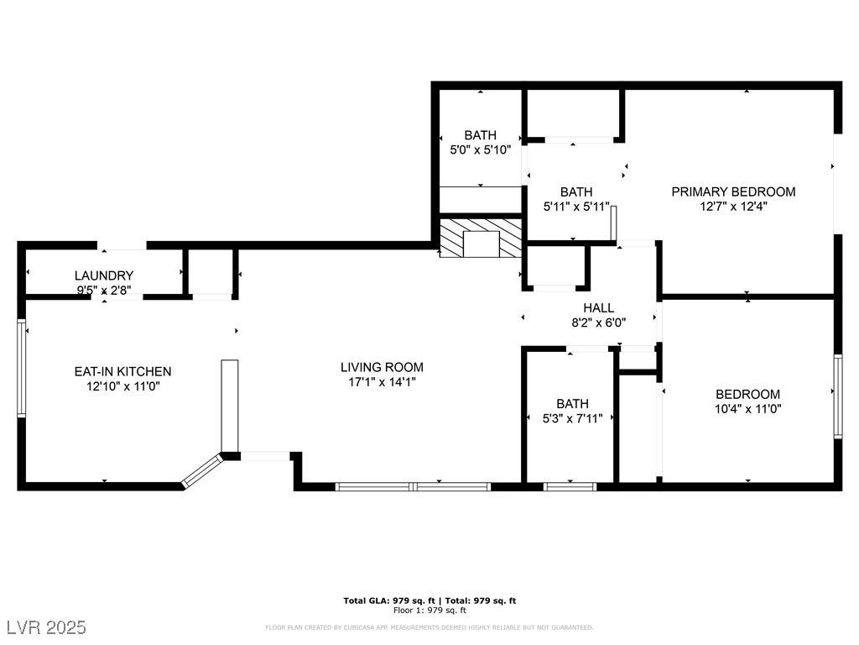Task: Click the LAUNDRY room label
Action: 104,275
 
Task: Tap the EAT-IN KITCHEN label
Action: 122,371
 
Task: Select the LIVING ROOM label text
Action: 382,368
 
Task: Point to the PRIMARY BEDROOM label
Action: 733,192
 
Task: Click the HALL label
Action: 598,307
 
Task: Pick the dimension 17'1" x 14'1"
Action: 382,382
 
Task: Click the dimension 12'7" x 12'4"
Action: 733,207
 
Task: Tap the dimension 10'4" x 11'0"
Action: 747,409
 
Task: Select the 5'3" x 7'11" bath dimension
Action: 572,418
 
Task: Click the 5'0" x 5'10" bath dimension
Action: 481,149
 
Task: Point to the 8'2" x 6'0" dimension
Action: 598,322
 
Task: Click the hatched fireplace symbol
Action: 481,238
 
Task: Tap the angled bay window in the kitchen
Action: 203,470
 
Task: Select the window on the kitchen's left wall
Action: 21,368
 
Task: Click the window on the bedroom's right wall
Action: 838,396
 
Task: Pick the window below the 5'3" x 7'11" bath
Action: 570,486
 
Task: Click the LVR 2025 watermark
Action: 47,627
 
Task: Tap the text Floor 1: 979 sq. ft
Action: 429,610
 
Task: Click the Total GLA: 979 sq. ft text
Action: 389,600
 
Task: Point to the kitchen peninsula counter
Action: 230,406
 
